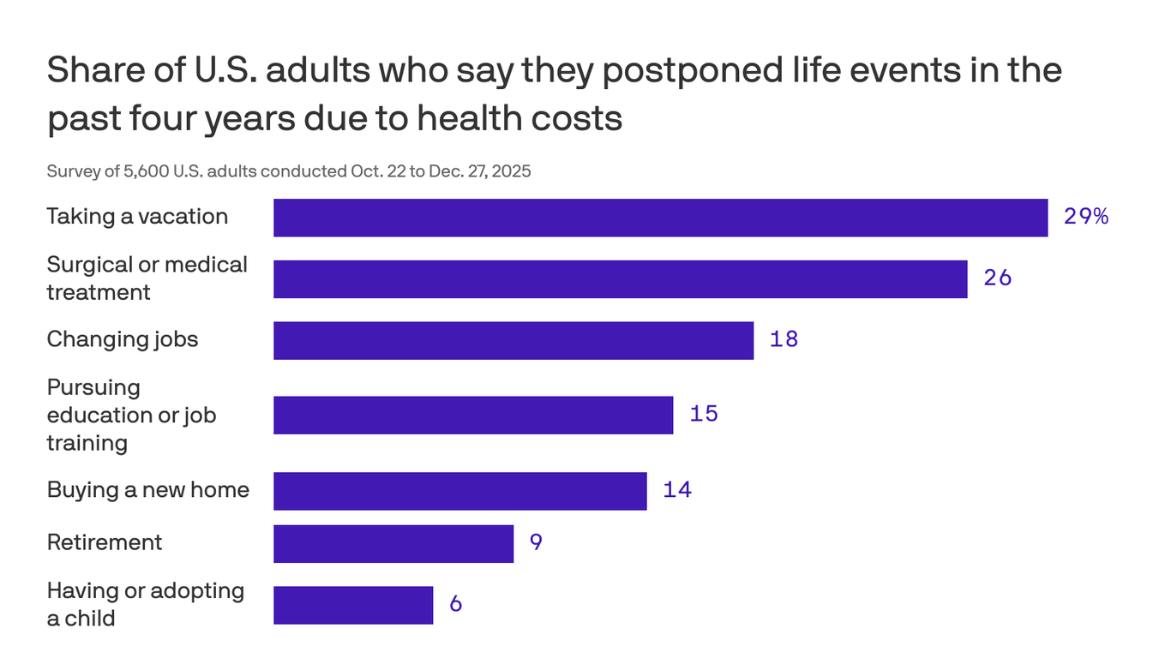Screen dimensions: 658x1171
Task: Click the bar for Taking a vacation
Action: [x=660, y=218]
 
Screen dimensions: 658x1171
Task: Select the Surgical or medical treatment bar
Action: [x=620, y=279]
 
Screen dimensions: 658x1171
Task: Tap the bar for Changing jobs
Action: [x=513, y=340]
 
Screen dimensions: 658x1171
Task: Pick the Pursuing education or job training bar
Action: [x=472, y=415]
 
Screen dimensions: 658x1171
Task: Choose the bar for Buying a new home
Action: [x=459, y=491]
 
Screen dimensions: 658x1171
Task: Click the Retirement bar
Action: [x=393, y=543]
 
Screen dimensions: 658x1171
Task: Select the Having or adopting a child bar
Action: [x=352, y=605]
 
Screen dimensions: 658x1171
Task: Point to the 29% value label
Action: [x=1085, y=217]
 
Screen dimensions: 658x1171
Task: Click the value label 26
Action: [x=998, y=278]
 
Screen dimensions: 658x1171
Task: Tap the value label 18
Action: [x=784, y=339]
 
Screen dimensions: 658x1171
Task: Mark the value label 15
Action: [x=703, y=415]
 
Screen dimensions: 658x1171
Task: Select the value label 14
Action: [x=676, y=490]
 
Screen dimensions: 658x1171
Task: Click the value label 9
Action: [x=536, y=543]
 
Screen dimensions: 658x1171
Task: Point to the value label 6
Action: [x=455, y=604]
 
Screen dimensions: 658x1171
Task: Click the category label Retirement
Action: [x=104, y=542]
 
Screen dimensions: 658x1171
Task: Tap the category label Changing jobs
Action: [x=122, y=339]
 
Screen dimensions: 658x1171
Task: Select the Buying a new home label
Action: [x=147, y=490]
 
